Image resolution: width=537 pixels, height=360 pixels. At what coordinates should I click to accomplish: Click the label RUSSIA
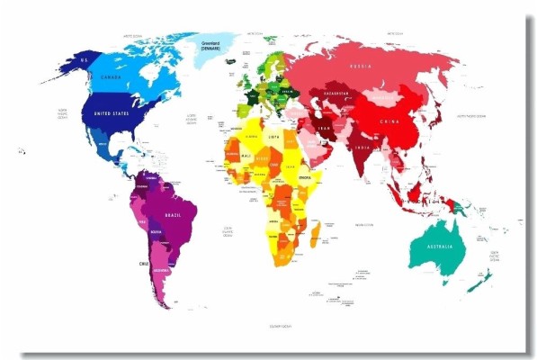coord(360,65)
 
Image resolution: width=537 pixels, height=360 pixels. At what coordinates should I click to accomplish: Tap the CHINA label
coord(391,121)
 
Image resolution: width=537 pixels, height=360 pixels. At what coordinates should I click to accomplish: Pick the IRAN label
coord(326,128)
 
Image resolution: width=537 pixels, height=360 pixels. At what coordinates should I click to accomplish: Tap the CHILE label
coord(142,263)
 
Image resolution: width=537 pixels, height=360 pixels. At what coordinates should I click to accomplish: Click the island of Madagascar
coord(315,237)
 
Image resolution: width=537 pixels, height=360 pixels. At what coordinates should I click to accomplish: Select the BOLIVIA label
coord(156,232)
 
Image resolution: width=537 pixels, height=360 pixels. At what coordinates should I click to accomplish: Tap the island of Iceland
coord(223,69)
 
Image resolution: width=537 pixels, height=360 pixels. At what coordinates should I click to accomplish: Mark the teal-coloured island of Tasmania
coord(447,286)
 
